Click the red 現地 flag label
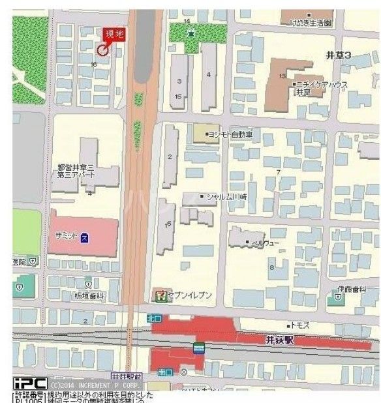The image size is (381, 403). (114, 35)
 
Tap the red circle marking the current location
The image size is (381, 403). (102, 50)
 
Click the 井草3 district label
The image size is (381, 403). (338, 56)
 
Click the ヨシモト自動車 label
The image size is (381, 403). (232, 134)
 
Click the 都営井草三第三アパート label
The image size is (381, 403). (77, 172)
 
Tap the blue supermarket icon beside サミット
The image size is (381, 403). (85, 235)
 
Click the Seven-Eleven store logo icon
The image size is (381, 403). (159, 295)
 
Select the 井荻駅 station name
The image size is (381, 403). (282, 340)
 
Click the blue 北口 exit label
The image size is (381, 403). (153, 318)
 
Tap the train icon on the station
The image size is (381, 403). (199, 348)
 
